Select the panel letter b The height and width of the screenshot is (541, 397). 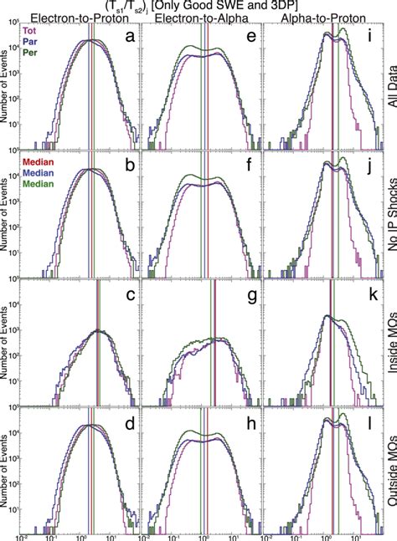126,166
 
